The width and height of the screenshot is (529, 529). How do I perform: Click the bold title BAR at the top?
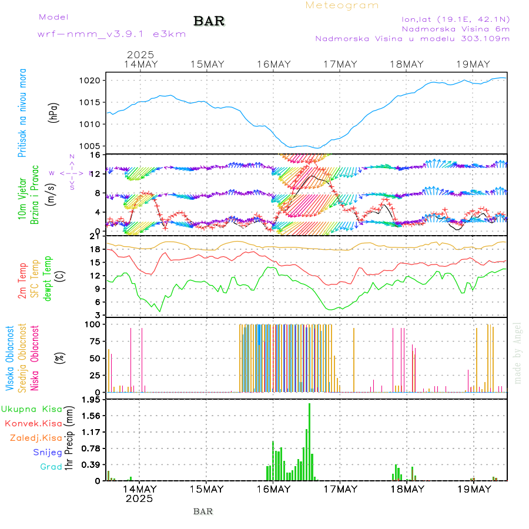point(209,22)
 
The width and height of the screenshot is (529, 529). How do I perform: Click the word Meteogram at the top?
point(342,5)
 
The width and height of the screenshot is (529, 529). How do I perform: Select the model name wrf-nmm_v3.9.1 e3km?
point(112,34)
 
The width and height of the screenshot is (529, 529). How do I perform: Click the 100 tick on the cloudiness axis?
point(93,324)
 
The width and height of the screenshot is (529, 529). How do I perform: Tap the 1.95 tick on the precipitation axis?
point(92,400)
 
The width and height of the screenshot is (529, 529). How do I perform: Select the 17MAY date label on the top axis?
point(340,65)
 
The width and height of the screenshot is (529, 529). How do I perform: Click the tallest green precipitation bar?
point(309,441)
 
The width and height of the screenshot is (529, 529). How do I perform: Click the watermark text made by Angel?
point(518,353)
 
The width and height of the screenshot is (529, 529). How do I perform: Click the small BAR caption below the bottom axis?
point(203,511)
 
